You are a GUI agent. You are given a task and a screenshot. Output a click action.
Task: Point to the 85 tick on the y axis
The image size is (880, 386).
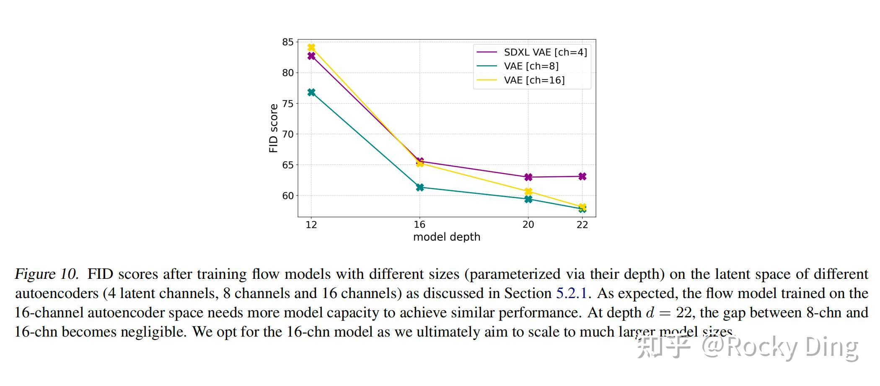point(288,42)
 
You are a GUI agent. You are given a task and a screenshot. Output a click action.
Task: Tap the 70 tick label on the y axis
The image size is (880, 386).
point(288,134)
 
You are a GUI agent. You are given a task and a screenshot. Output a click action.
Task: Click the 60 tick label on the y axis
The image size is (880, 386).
point(288,196)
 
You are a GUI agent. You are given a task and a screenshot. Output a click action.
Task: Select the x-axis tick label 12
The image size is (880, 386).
point(311,225)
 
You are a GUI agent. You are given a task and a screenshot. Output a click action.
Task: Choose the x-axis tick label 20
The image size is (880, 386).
point(528,225)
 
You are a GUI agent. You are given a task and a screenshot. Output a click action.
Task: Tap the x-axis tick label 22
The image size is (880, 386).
point(582,225)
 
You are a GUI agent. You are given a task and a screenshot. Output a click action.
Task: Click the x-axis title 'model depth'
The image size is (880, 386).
point(447,237)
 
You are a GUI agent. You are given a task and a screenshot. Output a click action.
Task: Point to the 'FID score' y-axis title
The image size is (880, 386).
point(274,128)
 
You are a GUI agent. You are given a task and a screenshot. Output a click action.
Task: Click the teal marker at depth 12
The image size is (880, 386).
point(311,92)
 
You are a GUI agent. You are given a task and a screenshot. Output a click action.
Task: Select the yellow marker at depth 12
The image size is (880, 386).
point(311,48)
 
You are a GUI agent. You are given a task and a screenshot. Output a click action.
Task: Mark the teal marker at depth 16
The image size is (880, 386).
point(420,187)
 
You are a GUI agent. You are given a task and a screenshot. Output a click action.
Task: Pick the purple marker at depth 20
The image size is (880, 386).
point(528,177)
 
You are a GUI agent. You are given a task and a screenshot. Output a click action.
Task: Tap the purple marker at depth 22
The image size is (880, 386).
point(582,176)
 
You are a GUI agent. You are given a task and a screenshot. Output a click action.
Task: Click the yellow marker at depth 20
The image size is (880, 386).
point(528,192)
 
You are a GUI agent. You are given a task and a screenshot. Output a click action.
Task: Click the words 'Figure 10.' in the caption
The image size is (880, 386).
point(47,274)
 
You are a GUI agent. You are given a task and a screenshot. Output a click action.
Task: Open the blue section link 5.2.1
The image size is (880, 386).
point(572,293)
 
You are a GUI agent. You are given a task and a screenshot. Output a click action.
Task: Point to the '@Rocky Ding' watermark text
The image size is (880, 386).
point(779,347)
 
